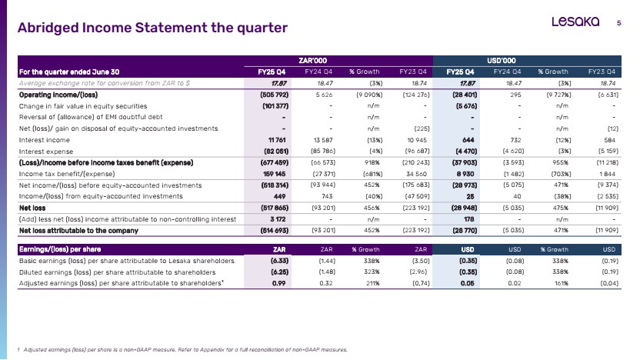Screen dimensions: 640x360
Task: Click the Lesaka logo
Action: tap(575, 22)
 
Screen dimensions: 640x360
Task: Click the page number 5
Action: tap(618, 23)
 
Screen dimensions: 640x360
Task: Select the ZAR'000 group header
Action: tap(312, 61)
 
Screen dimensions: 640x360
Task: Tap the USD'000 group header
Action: tap(502, 61)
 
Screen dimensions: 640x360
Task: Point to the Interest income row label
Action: tap(44, 140)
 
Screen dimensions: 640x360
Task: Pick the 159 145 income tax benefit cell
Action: tap(275, 174)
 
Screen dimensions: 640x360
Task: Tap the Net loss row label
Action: tap(32, 208)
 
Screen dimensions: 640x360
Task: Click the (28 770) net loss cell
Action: tap(465, 231)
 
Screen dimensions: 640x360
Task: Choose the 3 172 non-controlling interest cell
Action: tap(278, 219)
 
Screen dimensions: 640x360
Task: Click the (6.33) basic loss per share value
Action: tap(279, 261)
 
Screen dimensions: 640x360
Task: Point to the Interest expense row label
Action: tap(45, 152)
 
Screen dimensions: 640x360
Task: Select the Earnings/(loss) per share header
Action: tap(60, 249)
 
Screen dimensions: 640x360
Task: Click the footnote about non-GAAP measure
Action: tap(182, 349)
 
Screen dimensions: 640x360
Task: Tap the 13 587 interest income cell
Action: tap(323, 140)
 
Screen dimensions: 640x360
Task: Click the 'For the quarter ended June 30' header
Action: tap(69, 72)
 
